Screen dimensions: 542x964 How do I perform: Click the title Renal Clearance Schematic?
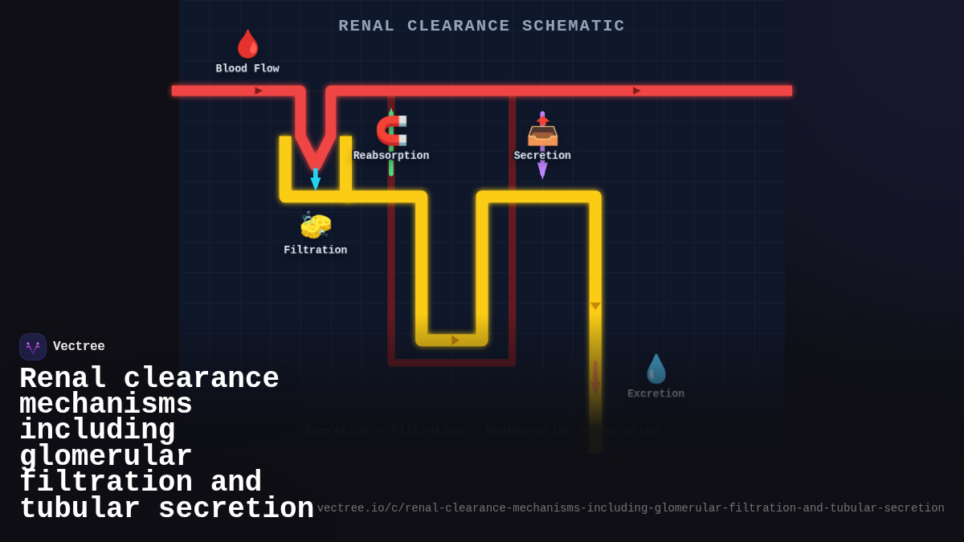pos(481,26)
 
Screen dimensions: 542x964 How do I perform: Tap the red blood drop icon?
pos(247,44)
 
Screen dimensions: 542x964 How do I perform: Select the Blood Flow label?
pos(247,69)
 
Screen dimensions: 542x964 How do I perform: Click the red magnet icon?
pos(392,130)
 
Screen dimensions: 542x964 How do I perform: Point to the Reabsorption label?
pos(391,156)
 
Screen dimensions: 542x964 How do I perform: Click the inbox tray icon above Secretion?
pos(542,132)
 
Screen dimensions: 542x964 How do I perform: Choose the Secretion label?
pos(542,156)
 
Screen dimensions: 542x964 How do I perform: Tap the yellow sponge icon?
pos(316,226)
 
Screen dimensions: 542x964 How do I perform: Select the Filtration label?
pos(316,251)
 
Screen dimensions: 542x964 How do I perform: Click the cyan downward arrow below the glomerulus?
pos(316,181)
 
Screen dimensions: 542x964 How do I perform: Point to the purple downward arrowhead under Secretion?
pos(542,170)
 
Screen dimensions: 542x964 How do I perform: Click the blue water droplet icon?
pos(656,369)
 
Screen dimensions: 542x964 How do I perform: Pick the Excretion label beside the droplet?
pos(656,394)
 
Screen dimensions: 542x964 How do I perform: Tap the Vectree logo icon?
pos(33,347)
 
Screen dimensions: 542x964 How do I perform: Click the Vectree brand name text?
pos(79,347)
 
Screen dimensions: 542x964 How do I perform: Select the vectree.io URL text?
pos(631,508)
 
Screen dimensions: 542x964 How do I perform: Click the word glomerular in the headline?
pos(105,457)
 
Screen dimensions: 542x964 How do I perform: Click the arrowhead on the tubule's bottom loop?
pos(455,340)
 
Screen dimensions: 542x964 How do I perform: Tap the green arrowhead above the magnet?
pos(391,112)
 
